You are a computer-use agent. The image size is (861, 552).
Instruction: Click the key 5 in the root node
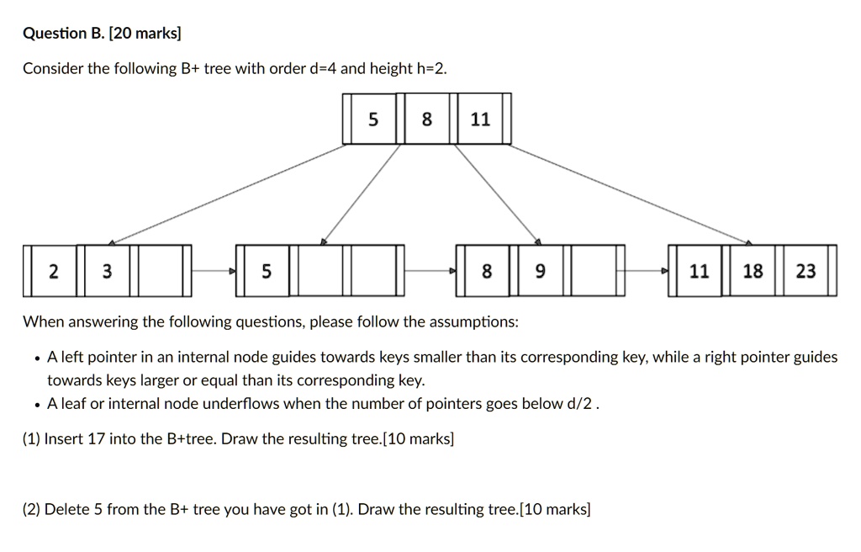tap(373, 120)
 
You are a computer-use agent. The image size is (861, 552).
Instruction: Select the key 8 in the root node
tap(426, 120)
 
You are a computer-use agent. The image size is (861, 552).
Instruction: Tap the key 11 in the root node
tap(480, 120)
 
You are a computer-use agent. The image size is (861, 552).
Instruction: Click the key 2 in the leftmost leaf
tap(54, 271)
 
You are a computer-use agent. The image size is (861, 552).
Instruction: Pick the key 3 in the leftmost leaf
tap(106, 271)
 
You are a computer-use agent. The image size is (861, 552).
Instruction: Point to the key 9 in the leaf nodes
tap(540, 271)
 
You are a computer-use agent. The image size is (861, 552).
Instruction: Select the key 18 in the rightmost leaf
tap(753, 271)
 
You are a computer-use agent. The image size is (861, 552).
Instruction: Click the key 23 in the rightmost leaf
tap(806, 271)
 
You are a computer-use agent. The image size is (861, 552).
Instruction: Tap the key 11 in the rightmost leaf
tap(699, 271)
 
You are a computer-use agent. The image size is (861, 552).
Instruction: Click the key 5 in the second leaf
tap(266, 271)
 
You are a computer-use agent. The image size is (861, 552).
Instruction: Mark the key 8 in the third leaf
tap(487, 271)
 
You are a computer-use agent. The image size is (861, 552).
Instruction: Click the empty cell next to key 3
tap(159, 271)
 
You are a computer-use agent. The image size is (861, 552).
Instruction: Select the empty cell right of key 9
tap(594, 271)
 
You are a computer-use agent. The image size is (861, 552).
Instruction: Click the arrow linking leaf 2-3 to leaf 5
tap(214, 271)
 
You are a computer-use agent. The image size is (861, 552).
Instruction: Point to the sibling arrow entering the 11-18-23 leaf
tap(647, 271)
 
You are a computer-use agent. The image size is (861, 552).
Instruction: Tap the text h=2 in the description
tap(431, 69)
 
